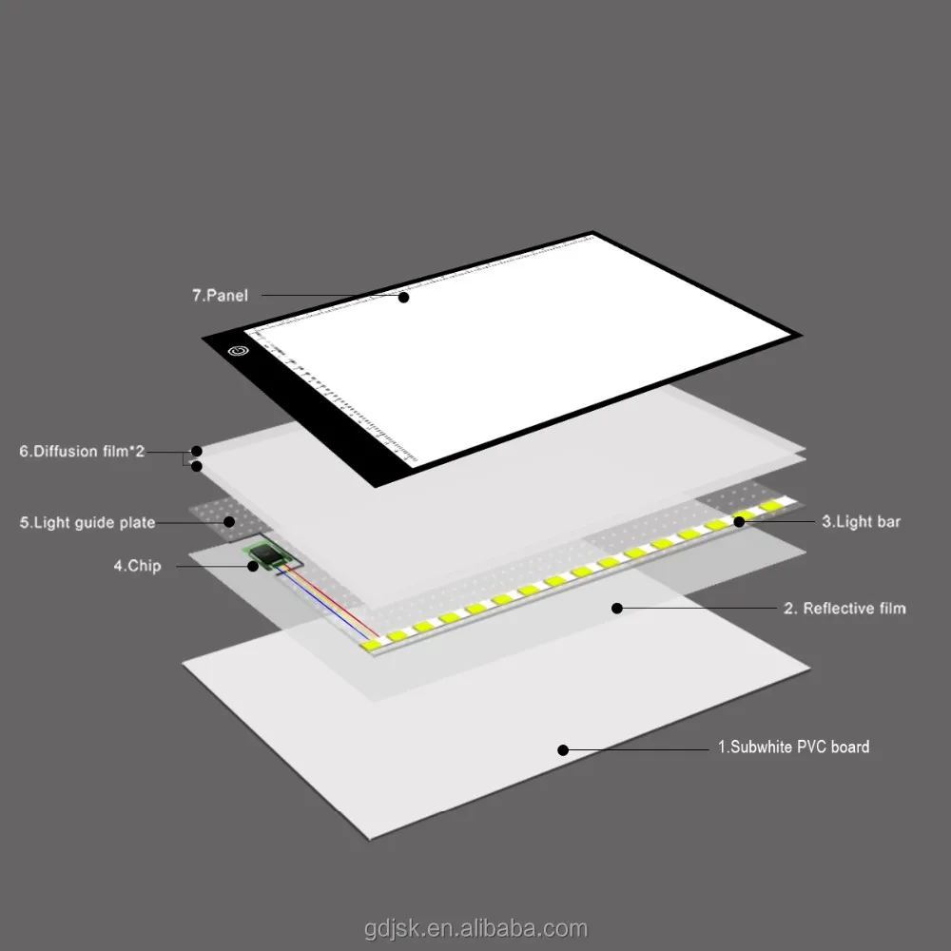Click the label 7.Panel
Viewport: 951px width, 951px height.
pos(220,296)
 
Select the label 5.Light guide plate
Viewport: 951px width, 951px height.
pos(87,522)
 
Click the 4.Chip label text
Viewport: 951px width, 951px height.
pos(138,566)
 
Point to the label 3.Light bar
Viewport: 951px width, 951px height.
pos(861,521)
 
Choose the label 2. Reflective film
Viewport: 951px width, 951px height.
pos(844,608)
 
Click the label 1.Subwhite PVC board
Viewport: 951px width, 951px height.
pos(793,747)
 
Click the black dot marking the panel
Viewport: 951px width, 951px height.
pos(403,297)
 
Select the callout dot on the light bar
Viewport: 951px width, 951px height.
pos(739,521)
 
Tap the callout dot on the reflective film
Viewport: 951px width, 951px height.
pos(617,608)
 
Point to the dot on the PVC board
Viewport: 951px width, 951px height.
pos(563,749)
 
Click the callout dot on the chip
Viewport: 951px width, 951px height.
pos(253,566)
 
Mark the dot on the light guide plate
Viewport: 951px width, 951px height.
pos(229,521)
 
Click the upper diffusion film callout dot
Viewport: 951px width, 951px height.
pos(197,451)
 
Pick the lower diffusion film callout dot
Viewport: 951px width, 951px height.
pos(197,466)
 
